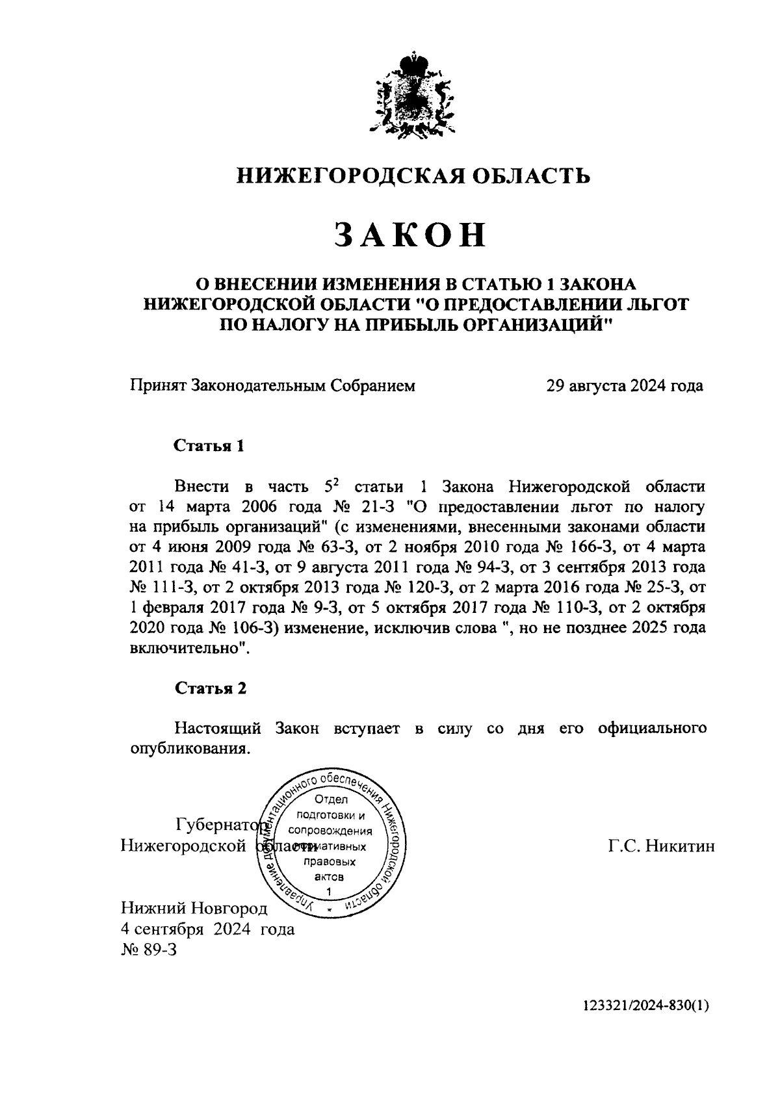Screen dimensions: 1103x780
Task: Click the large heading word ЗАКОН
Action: coord(411,235)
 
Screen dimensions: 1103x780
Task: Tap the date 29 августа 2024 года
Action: coord(624,386)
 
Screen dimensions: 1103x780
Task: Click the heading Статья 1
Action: coord(209,446)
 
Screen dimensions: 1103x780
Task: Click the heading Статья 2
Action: coord(209,688)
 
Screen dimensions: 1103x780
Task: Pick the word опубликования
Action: coord(186,748)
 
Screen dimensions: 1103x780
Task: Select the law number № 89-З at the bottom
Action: coord(149,950)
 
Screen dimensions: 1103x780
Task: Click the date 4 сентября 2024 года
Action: coord(207,929)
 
